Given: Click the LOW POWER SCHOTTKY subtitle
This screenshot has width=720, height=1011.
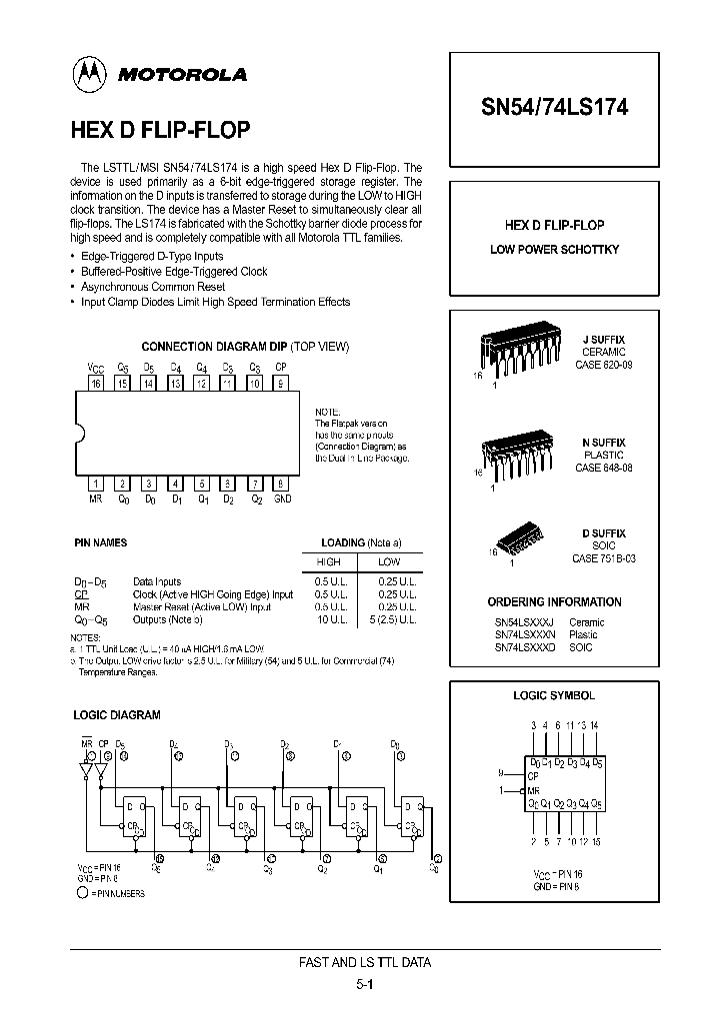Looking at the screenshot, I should pyautogui.click(x=555, y=249).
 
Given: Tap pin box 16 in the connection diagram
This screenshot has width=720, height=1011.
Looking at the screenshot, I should pyautogui.click(x=96, y=383).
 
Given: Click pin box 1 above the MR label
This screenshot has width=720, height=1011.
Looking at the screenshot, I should pyautogui.click(x=96, y=483).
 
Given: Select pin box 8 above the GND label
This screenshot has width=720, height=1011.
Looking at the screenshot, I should pyautogui.click(x=283, y=483).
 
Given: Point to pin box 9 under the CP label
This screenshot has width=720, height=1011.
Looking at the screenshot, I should pyautogui.click(x=283, y=383).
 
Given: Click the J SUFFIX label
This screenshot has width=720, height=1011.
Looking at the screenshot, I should pyautogui.click(x=604, y=340).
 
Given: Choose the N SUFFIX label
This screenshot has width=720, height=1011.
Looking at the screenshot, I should pyautogui.click(x=604, y=442).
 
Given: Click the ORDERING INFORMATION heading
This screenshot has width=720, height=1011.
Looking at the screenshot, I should pyautogui.click(x=554, y=602).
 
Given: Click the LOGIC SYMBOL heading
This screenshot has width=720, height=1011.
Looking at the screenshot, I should pyautogui.click(x=553, y=695).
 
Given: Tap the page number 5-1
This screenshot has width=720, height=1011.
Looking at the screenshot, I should pyautogui.click(x=365, y=984).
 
